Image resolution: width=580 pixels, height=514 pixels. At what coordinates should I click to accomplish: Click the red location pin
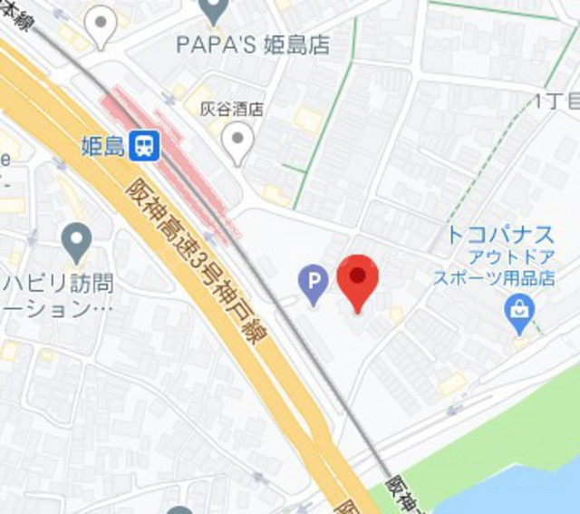tap(357, 279)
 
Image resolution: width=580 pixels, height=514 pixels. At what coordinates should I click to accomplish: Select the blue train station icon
tap(143, 145)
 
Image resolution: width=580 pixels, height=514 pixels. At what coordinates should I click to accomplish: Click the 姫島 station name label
tap(102, 146)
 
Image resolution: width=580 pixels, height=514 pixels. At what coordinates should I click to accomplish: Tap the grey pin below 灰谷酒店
tap(237, 142)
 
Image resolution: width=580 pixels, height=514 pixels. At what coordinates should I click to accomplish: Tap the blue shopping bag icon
tap(520, 311)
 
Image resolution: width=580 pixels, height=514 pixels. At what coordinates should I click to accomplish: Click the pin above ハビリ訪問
tap(77, 243)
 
